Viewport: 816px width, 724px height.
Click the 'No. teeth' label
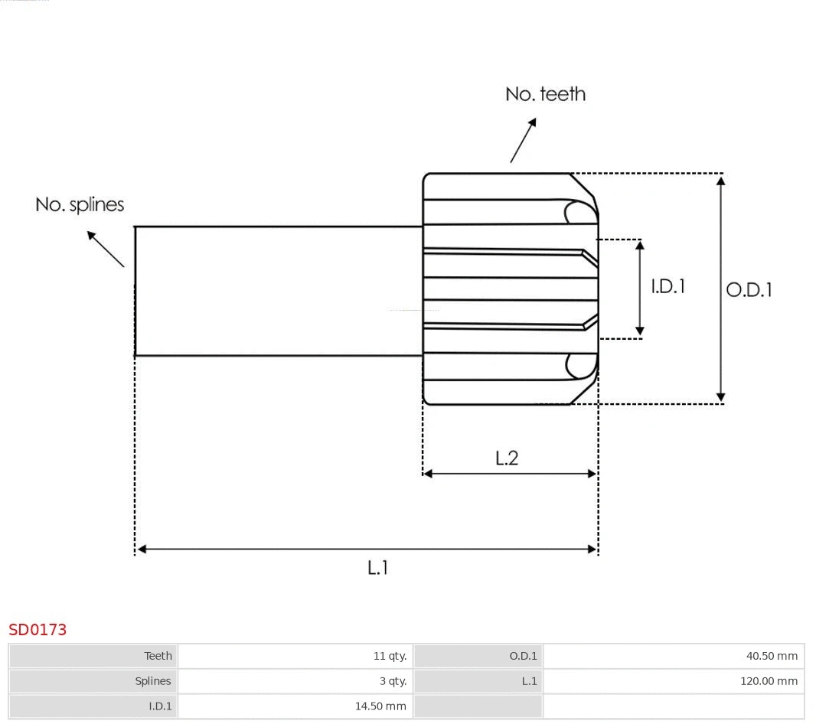pyautogui.click(x=545, y=94)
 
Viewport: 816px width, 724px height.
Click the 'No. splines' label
pyautogui.click(x=80, y=205)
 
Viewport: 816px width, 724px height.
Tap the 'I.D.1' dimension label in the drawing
pyautogui.click(x=667, y=286)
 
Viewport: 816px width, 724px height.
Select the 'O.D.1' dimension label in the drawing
pyautogui.click(x=749, y=289)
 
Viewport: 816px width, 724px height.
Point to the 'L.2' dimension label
pyautogui.click(x=507, y=458)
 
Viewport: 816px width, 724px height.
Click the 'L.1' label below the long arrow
pyautogui.click(x=377, y=567)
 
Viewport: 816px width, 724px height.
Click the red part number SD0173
pyautogui.click(x=38, y=630)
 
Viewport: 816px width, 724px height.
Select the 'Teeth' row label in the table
pyautogui.click(x=158, y=656)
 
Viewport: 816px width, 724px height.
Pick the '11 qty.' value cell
pyautogui.click(x=390, y=656)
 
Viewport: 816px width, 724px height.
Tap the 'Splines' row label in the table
pyautogui.click(x=153, y=681)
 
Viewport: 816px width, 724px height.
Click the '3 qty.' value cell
pyautogui.click(x=393, y=681)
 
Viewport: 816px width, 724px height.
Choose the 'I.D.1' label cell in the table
pyautogui.click(x=160, y=706)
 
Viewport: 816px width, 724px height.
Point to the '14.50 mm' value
pyautogui.click(x=380, y=706)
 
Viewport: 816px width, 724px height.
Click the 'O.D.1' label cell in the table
pyautogui.click(x=524, y=656)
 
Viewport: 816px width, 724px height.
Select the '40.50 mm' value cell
pyautogui.click(x=772, y=656)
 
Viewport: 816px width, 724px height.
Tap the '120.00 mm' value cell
pyautogui.click(x=769, y=681)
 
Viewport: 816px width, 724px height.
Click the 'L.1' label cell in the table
pyautogui.click(x=529, y=681)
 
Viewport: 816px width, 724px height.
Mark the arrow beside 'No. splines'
pyautogui.click(x=105, y=249)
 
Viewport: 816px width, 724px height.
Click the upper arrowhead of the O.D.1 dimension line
pyautogui.click(x=720, y=181)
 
